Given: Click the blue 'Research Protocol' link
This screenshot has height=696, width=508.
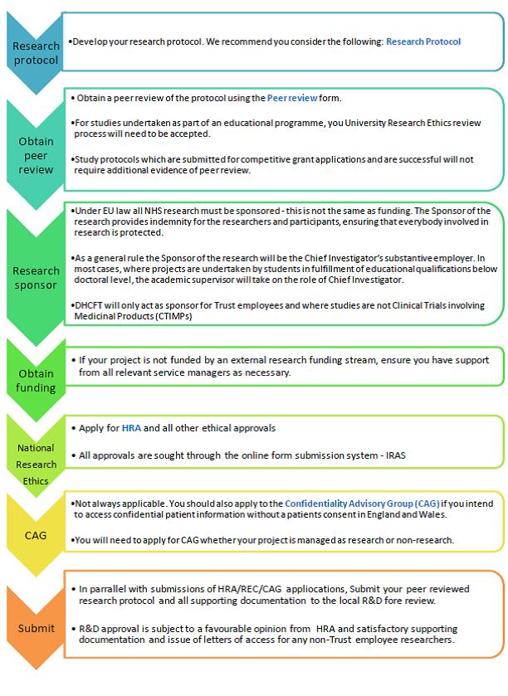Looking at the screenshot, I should pos(423,41).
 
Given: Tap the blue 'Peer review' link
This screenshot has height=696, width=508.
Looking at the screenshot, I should pos(292,98).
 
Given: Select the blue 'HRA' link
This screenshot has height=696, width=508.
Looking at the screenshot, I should pos(131,428).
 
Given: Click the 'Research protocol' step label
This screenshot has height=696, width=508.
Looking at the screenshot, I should pos(36,53).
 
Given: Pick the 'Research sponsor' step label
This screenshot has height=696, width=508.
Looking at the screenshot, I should pos(36,277).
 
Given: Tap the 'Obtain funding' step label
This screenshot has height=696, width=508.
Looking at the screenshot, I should pos(36,380).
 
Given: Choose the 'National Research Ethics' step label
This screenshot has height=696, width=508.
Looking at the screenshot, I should pos(36,464).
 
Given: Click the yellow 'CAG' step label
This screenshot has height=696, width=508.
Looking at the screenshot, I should pos(36,535).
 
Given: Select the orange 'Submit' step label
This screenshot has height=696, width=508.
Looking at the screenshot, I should pos(36,628).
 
